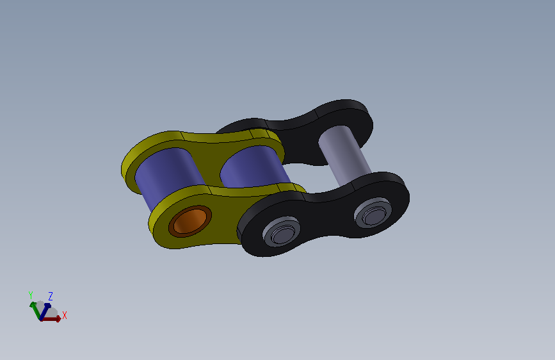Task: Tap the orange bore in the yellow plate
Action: [190, 221]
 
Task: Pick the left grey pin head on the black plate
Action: [282, 231]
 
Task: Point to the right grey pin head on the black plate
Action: [373, 213]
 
